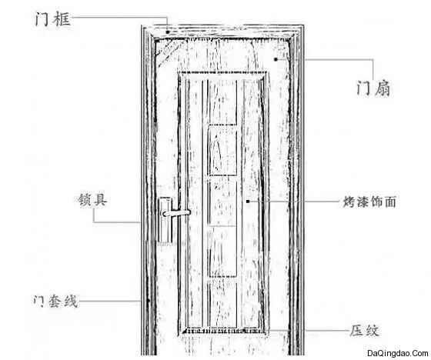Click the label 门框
click(x=52, y=19)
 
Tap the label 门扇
click(x=373, y=88)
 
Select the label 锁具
click(x=92, y=200)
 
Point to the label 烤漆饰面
click(x=369, y=202)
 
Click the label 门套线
click(x=55, y=301)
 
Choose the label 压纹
click(x=364, y=330)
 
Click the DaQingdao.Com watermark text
click(x=397, y=353)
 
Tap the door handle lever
click(x=176, y=213)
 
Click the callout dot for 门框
click(x=168, y=32)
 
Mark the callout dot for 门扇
click(x=276, y=59)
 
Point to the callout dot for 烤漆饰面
click(x=248, y=202)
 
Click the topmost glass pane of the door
click(x=223, y=102)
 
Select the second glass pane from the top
click(x=223, y=150)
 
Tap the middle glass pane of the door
click(x=223, y=202)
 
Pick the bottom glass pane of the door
click(x=223, y=303)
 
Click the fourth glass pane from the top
click(x=223, y=252)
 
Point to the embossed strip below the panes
click(x=223, y=331)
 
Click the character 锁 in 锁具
click(x=85, y=200)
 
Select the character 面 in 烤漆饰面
click(x=390, y=202)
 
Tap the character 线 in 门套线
click(x=71, y=301)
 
